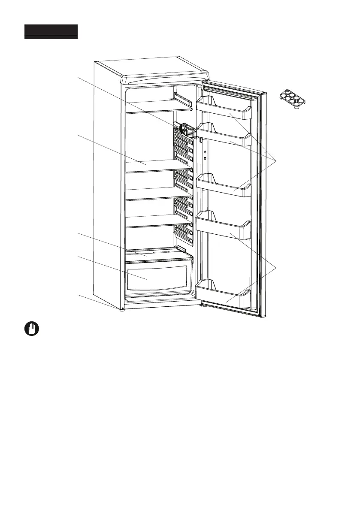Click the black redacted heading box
click(x=51, y=32)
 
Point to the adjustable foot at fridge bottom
click(x=122, y=308)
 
